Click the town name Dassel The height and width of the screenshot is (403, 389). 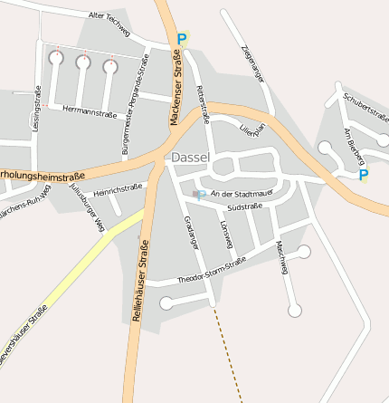(190, 158)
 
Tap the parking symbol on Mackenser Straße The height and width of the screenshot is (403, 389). (182, 39)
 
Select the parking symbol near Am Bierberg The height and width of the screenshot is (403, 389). (364, 175)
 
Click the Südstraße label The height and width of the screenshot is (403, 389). (243, 207)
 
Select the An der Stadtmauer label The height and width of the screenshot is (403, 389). (240, 194)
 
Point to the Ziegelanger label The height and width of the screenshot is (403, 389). (252, 68)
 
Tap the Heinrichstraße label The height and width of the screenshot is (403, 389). (119, 189)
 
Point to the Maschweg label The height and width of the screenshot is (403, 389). (283, 258)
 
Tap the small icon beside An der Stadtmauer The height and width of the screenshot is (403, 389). (198, 195)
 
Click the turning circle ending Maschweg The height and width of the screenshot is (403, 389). (294, 311)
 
